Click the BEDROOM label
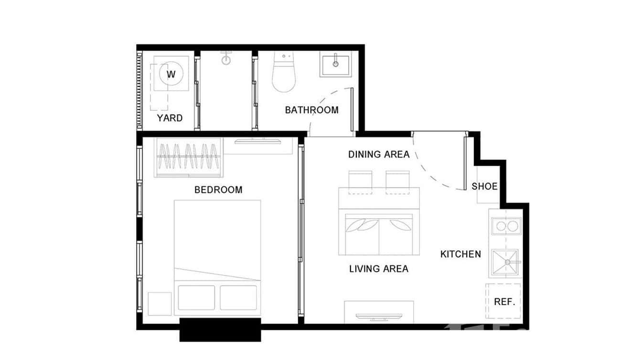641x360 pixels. click(218, 190)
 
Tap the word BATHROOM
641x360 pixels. click(311, 110)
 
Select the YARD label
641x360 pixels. click(170, 118)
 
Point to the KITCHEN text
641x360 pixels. click(460, 254)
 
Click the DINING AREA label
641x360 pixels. click(379, 154)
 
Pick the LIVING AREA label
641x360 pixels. click(379, 269)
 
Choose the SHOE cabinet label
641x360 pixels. click(484, 186)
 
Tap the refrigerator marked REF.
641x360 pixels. click(503, 302)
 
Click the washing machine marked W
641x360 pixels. click(171, 74)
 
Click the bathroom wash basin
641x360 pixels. click(336, 65)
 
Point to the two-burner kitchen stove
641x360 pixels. click(505, 226)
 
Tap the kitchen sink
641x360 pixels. click(505, 262)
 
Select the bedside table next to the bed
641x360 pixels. click(159, 304)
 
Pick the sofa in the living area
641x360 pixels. click(379, 234)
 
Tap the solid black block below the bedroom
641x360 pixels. click(220, 330)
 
